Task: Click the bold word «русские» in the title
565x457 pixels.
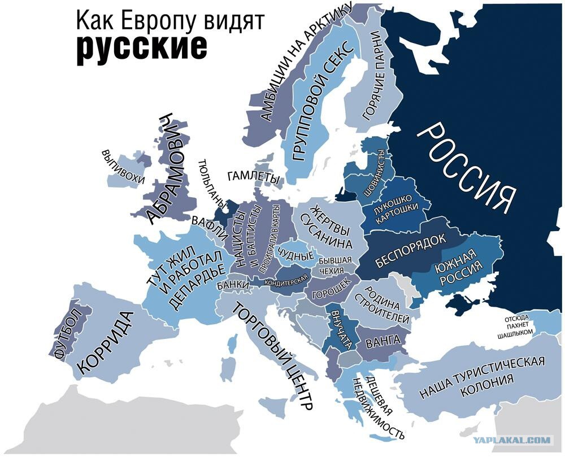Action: (142, 47)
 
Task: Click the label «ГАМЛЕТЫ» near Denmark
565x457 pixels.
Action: (254, 177)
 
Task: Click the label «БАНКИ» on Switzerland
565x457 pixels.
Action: (232, 285)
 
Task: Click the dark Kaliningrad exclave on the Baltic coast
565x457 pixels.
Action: (344, 195)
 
